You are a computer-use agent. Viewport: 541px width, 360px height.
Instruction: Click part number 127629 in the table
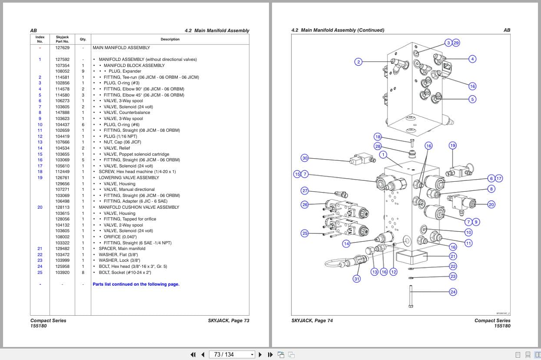pos(62,48)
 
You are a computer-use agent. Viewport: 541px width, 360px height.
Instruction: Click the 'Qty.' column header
pos(83,39)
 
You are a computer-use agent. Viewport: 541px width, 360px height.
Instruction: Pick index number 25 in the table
pos(40,273)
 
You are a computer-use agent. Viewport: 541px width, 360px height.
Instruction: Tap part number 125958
pos(62,267)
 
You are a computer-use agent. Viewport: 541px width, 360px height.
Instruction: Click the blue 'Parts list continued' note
pos(136,284)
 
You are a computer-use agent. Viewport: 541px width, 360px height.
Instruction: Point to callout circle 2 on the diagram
pos(358,62)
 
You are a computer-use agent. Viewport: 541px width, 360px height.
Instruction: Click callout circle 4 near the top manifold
pos(472,59)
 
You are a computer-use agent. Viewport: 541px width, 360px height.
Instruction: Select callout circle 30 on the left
pos(305,158)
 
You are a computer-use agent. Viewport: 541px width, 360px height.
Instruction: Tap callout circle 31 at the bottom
pos(357,279)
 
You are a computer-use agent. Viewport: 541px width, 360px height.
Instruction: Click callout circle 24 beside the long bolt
pos(453,292)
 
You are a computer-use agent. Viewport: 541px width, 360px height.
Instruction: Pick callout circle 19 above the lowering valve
pos(452,146)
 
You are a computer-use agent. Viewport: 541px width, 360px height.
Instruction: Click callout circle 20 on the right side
pos(491,204)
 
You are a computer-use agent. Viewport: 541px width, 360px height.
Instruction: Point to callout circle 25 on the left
pos(305,233)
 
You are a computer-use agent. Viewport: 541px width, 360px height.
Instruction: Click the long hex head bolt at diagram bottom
pos(411,296)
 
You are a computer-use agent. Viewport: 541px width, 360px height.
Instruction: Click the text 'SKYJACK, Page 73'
pos(229,321)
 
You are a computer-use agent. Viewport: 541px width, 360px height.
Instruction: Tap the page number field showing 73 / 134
pos(231,354)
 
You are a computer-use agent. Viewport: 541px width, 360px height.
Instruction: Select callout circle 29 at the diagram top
pos(456,43)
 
